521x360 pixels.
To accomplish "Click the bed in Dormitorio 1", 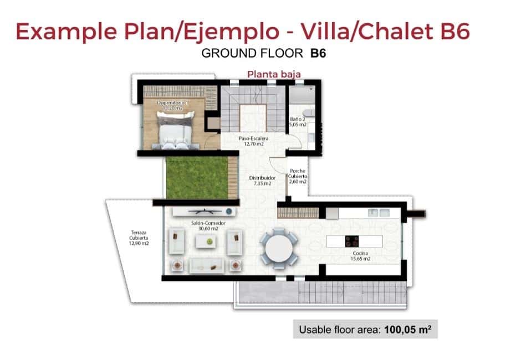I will pos(175,131).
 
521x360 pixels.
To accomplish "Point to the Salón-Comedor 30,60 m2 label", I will pos(201,226).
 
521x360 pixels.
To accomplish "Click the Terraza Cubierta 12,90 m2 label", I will pos(139,237).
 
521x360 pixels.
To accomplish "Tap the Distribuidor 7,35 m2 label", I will pos(258,180).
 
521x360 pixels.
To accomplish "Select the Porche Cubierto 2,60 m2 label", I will pos(298,176).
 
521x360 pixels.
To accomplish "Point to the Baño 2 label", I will pos(298,122).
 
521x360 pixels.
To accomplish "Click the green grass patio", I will pos(197,177).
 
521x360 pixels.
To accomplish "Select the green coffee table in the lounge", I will pos(209,241).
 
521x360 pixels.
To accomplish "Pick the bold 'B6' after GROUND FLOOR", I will pos(319,54).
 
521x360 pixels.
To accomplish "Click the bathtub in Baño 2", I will pos(302,95).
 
